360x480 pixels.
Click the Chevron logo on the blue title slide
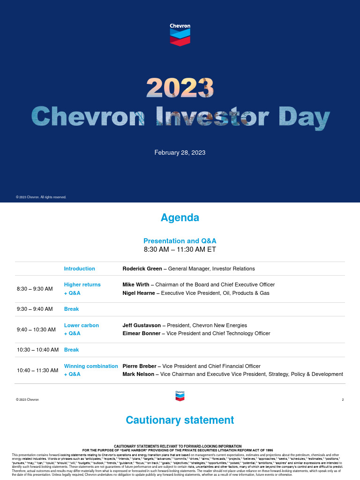tap(180, 35)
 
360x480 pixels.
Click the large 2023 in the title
tap(180, 88)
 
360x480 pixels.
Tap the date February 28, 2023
tap(180, 153)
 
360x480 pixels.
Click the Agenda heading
tap(180, 217)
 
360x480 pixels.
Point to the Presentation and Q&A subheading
tap(180, 240)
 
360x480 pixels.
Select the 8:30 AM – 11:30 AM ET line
tap(180, 249)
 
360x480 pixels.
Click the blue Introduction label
tap(79, 269)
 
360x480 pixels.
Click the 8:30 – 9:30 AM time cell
tap(35, 289)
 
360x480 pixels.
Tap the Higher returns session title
tap(82, 285)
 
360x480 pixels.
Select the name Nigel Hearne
tap(139, 293)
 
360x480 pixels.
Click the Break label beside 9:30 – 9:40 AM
tap(71, 309)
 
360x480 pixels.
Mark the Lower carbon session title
tap(82, 325)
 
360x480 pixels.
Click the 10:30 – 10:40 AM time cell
tap(37, 350)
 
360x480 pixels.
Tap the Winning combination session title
tap(91, 366)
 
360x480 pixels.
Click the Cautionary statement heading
tap(180, 420)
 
